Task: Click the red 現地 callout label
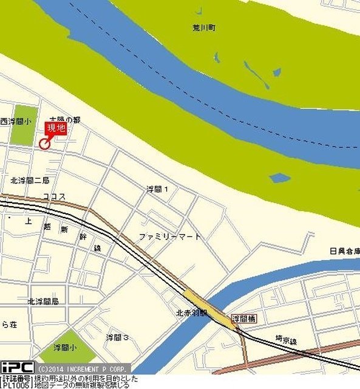click(56, 128)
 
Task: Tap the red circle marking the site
click(44, 143)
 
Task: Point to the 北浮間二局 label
click(30, 181)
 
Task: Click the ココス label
click(54, 196)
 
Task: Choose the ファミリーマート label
click(169, 236)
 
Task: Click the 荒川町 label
click(201, 27)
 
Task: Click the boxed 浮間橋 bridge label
click(244, 318)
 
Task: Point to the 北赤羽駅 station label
click(192, 313)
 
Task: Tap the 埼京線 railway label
click(285, 342)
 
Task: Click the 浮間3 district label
click(117, 337)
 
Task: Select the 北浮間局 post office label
click(42, 301)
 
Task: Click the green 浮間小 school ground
click(67, 346)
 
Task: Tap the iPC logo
click(17, 367)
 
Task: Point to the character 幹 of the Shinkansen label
click(82, 238)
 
